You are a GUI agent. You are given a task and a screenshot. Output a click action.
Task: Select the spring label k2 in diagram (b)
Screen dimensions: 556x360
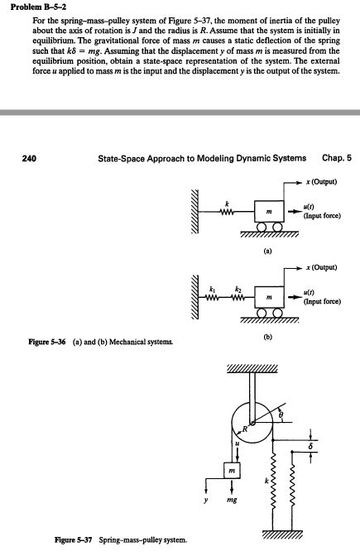(238, 285)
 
